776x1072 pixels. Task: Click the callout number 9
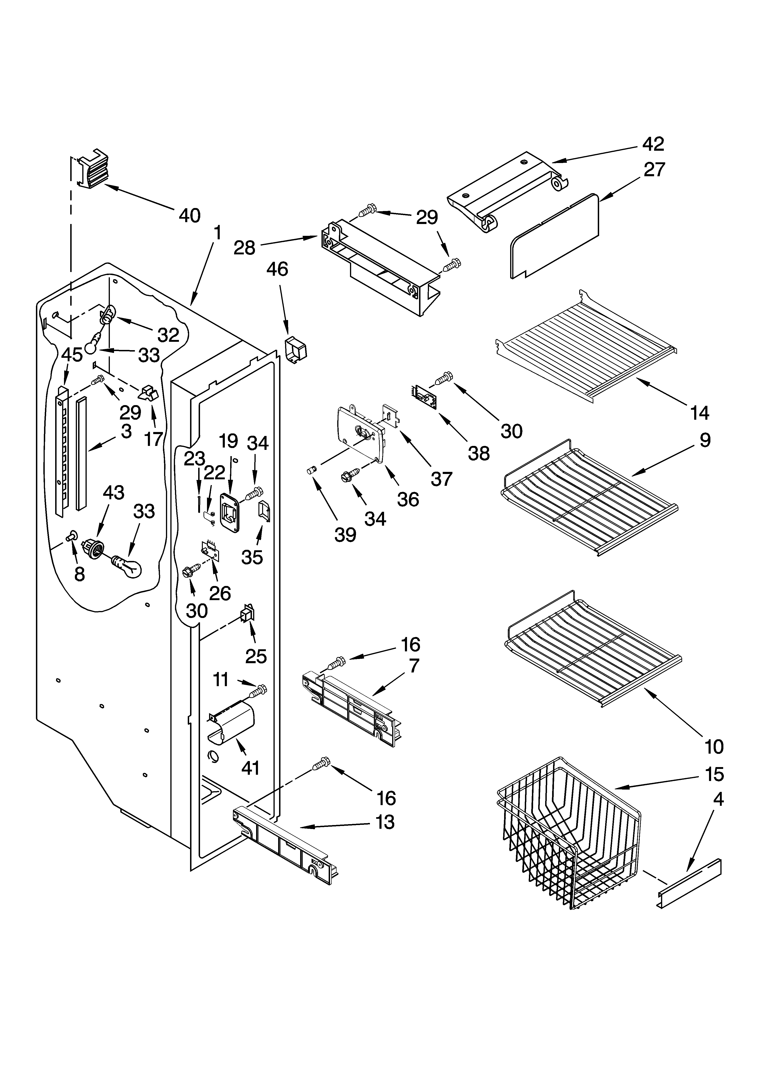point(705,440)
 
